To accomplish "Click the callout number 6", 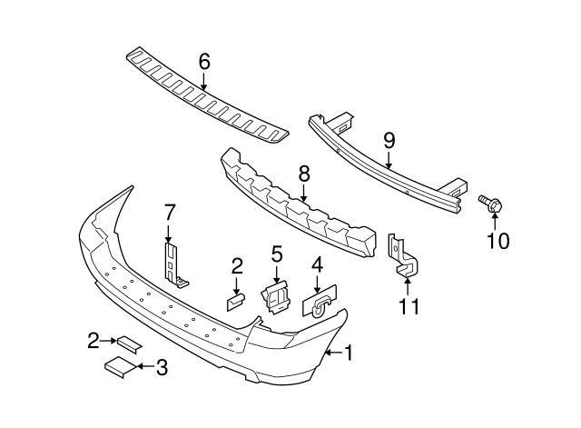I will click(204, 62).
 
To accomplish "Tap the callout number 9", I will click(389, 140).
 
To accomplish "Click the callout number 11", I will click(409, 306).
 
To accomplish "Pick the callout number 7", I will click(169, 213).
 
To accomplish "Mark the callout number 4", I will click(317, 265).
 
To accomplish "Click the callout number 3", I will click(162, 367).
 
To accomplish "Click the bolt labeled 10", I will click(491, 206).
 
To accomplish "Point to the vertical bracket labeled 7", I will click(173, 264).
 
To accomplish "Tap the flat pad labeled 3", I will click(117, 366).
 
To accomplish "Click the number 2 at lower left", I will click(94, 341).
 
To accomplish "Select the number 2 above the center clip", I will click(237, 265).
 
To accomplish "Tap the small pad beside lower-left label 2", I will click(128, 343).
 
